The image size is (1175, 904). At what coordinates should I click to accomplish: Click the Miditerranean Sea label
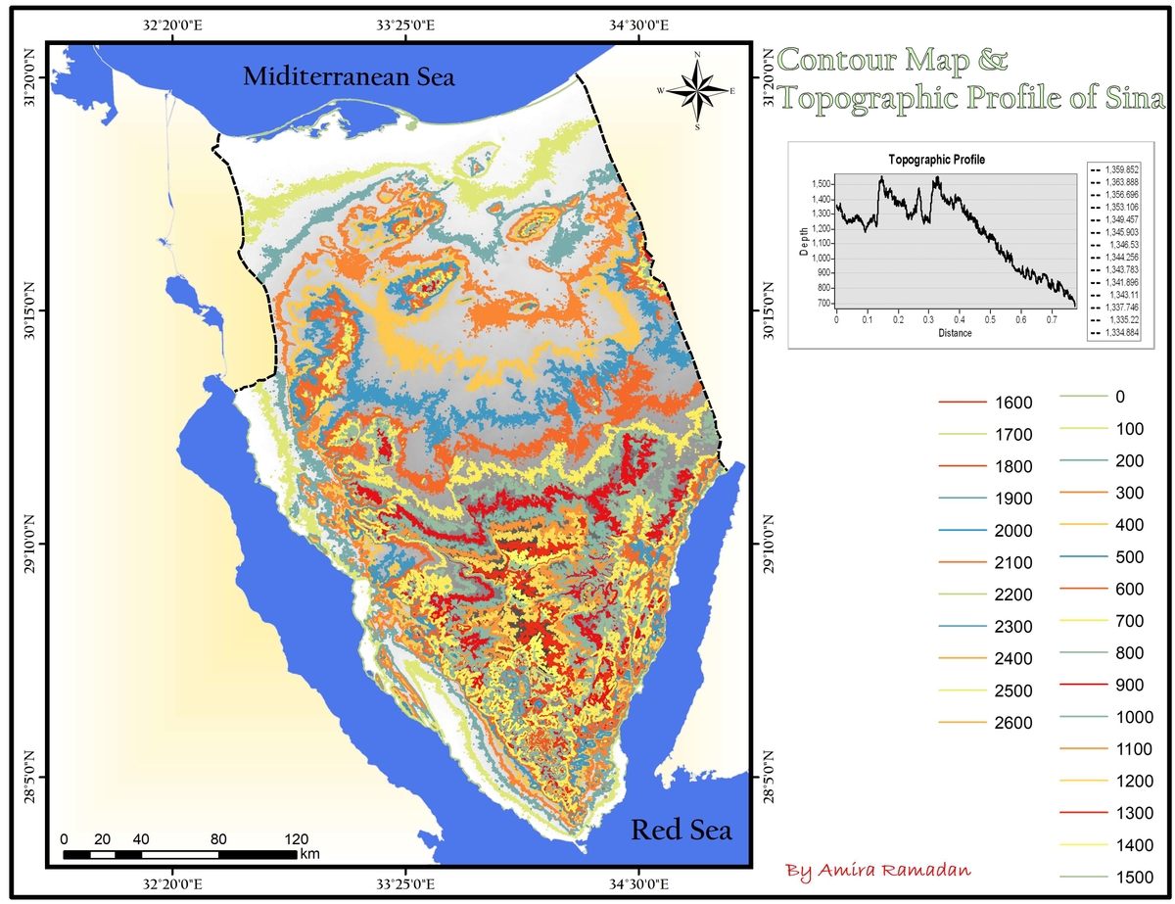pos(350,77)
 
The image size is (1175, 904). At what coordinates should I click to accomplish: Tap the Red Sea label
pos(681,831)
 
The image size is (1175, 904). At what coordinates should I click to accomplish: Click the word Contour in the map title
pos(835,61)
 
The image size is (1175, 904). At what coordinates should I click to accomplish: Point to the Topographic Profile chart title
pos(936,159)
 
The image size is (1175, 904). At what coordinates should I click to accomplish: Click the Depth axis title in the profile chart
pos(804,239)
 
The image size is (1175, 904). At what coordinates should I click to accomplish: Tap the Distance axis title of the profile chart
pos(955,333)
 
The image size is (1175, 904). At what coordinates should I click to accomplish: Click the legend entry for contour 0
pos(1120,397)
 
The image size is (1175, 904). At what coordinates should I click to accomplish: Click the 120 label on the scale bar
pos(296,839)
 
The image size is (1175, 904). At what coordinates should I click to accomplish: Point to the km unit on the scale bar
pos(310,854)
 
